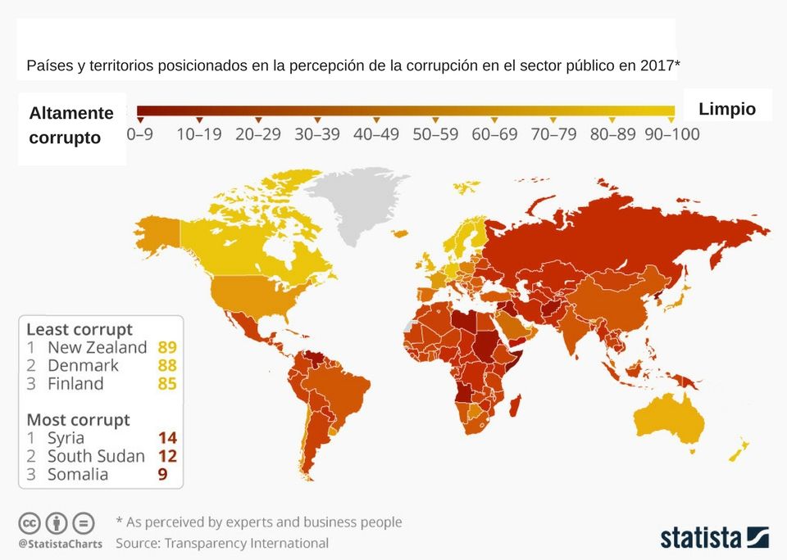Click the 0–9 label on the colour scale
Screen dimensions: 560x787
click(139, 134)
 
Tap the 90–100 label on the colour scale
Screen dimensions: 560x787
click(672, 134)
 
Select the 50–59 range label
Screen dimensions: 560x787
click(435, 134)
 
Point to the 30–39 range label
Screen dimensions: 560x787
click(317, 134)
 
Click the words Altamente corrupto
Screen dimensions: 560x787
click(71, 125)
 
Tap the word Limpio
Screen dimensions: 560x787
click(727, 109)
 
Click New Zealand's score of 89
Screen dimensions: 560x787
click(167, 347)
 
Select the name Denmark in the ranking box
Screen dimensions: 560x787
click(83, 365)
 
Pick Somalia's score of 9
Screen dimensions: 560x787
click(163, 474)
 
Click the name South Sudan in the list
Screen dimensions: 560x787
click(96, 456)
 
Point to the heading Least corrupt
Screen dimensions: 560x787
click(80, 329)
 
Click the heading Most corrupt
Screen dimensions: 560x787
click(79, 420)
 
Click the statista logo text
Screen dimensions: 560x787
click(701, 538)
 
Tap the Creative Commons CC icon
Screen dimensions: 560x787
click(30, 522)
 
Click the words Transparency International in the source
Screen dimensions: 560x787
click(246, 543)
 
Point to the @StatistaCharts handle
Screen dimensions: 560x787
click(61, 544)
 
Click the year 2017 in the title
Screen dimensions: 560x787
click(656, 65)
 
